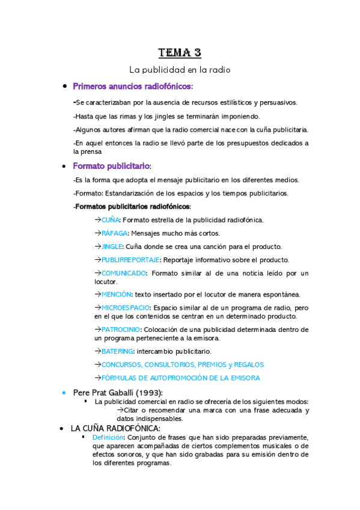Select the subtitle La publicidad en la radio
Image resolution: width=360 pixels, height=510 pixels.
coord(180,70)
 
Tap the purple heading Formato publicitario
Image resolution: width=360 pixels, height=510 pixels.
coord(111,166)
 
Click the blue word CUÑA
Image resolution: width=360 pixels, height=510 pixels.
coord(111,220)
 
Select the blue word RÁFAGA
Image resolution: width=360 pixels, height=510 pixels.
coord(114,233)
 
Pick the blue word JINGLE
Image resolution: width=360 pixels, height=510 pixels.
coord(112,247)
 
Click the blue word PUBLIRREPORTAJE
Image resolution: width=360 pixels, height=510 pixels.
coord(130,260)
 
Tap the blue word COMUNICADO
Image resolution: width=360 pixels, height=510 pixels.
coord(124,273)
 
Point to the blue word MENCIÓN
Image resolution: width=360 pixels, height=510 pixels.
coord(116,294)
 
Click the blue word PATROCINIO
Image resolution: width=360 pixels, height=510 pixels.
coord(121,330)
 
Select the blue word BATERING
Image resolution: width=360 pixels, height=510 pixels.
coord(118,351)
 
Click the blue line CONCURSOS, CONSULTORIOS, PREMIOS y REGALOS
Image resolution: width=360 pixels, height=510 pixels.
coord(182,364)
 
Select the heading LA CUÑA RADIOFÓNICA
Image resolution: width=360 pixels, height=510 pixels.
coord(115,428)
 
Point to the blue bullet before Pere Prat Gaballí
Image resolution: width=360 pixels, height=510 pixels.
coord(64,393)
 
